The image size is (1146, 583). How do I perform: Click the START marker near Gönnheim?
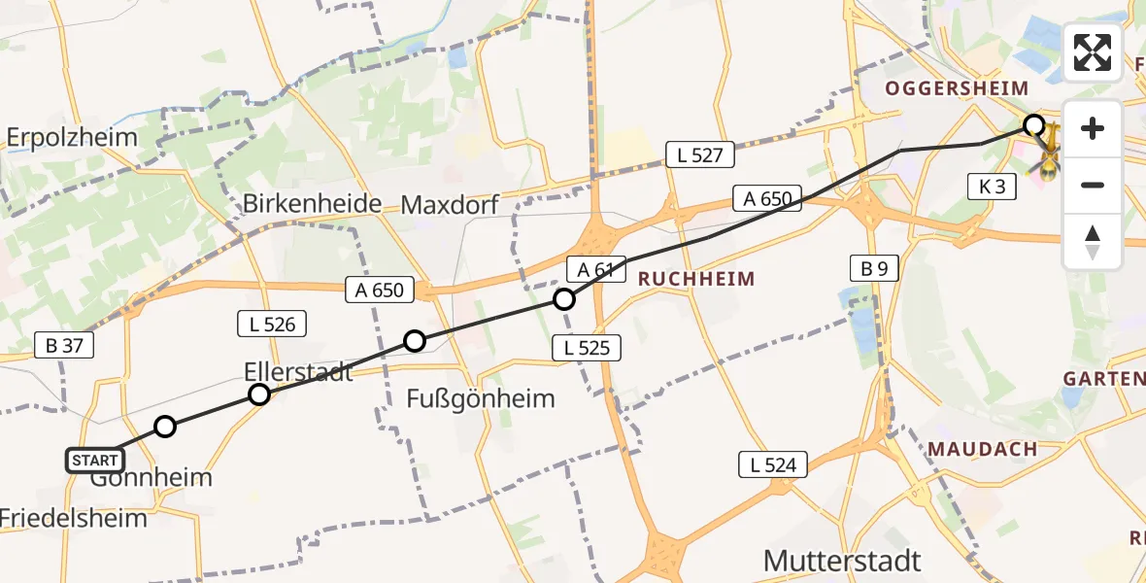pos(95,460)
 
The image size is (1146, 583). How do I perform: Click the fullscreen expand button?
pos(1093,52)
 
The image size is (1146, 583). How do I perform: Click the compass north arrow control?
pos(1093,242)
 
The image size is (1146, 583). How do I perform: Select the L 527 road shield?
pos(700,154)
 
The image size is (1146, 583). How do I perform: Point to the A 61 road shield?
pos(590,269)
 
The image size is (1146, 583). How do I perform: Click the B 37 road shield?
pos(65,344)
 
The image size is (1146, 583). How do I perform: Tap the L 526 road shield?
pos(272,325)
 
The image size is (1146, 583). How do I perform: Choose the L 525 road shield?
pos(586,347)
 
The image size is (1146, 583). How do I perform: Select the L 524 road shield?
pos(773,464)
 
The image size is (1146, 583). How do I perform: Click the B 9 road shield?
pos(874,269)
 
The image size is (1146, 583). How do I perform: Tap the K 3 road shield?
pos(992,188)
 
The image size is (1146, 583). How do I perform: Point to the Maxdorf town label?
pos(450,205)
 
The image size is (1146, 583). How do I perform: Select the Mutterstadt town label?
pos(842,561)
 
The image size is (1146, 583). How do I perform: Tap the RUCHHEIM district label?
pos(695,279)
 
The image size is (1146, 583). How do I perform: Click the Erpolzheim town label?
pos(73,137)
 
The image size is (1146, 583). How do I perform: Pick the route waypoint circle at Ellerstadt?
pos(259,394)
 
